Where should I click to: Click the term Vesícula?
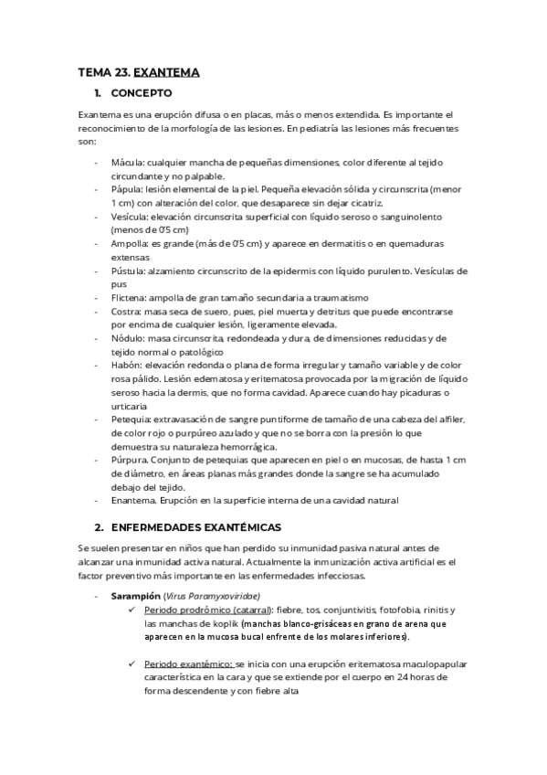(x=127, y=217)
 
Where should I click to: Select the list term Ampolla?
(x=128, y=244)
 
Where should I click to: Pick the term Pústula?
(x=127, y=271)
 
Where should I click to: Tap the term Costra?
(x=124, y=312)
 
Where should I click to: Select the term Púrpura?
(x=127, y=460)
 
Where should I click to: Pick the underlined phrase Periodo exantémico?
(x=188, y=664)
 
